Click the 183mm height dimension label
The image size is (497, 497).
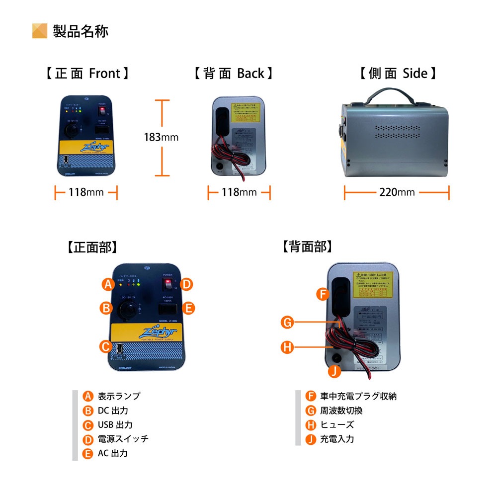point(162,137)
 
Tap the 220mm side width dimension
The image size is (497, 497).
point(396,192)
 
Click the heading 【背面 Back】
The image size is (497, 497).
point(233,74)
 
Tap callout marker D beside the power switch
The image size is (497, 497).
point(186,284)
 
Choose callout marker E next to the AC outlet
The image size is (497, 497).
point(188,308)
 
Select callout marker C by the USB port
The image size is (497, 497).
point(105,346)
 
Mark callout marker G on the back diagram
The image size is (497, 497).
point(287,323)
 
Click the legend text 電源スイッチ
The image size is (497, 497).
point(123,439)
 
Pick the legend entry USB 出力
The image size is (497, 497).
point(115,425)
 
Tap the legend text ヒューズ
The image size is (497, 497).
point(337,425)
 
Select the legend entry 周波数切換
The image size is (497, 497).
point(341,411)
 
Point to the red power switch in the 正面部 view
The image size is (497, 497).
point(170,284)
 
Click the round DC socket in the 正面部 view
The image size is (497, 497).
point(126,310)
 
